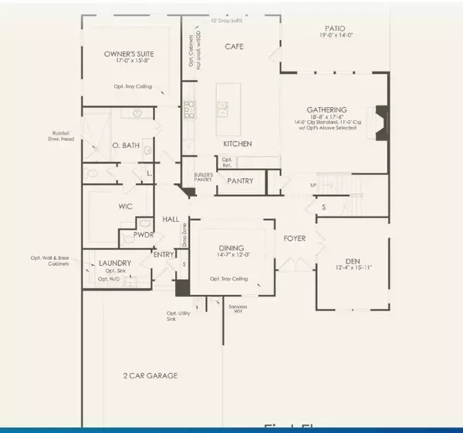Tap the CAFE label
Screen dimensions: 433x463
pos(234,46)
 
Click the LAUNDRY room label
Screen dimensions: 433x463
pos(115,263)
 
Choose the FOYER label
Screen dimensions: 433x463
pos(295,239)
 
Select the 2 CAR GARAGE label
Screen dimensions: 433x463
pos(149,376)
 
